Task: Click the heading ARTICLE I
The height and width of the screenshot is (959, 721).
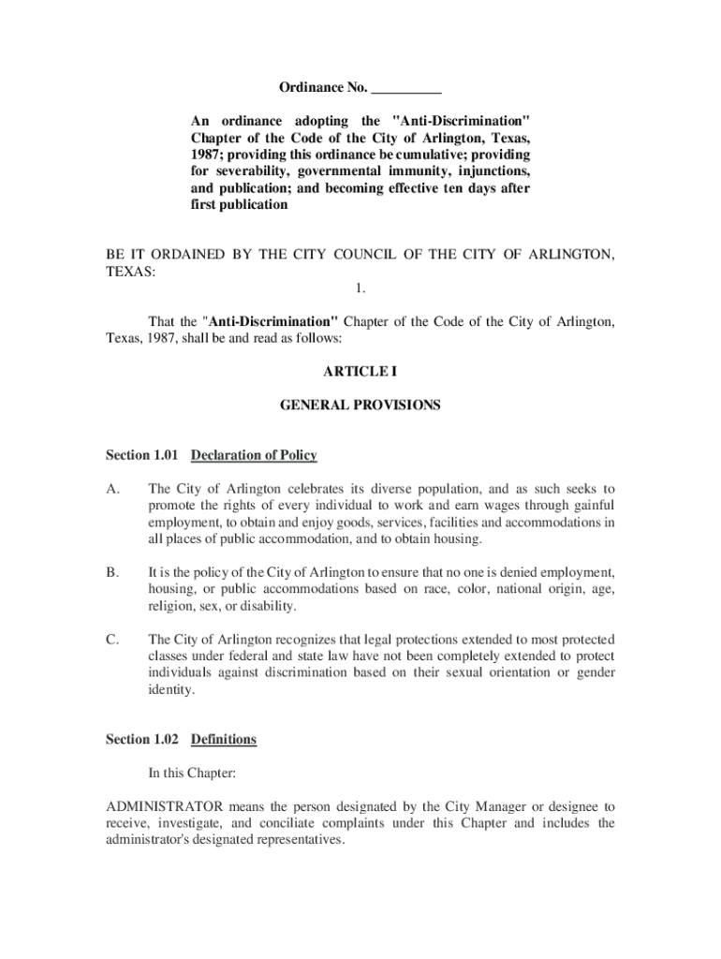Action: (360, 372)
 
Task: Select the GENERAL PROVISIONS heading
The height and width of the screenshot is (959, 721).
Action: (360, 406)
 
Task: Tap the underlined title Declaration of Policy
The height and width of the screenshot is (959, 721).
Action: (254, 455)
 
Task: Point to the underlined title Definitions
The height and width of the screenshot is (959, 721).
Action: (224, 739)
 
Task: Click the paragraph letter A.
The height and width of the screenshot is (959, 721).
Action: (112, 489)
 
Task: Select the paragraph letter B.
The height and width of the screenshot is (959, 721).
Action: (111, 570)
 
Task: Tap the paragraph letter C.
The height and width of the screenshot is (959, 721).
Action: (111, 639)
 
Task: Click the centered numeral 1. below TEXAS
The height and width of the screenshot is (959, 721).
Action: (360, 289)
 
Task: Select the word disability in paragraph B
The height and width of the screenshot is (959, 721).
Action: (272, 606)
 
